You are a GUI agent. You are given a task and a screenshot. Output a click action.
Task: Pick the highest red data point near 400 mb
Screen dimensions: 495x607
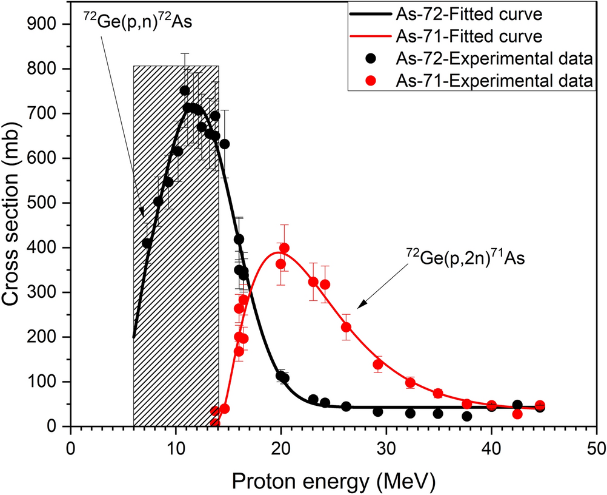tap(284, 248)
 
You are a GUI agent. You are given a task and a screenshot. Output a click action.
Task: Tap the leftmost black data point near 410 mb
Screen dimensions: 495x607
tap(147, 243)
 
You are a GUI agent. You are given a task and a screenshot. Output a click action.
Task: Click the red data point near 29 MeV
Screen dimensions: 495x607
tap(378, 365)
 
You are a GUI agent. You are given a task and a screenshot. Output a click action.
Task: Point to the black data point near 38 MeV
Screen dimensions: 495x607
tap(466, 416)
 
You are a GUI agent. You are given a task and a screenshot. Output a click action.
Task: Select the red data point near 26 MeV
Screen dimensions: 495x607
tap(347, 327)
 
